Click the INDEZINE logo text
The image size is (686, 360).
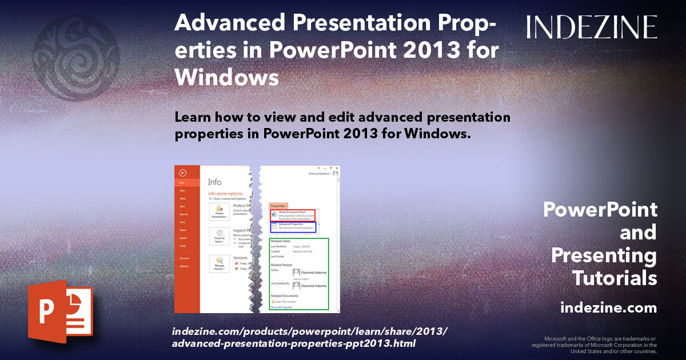pyautogui.click(x=591, y=27)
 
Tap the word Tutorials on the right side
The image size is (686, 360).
pyautogui.click(x=615, y=278)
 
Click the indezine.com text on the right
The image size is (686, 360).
pyautogui.click(x=608, y=308)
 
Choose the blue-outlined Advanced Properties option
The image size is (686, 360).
pyautogui.click(x=293, y=227)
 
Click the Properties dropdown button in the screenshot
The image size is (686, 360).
pyautogui.click(x=279, y=205)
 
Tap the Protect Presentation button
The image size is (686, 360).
pyautogui.click(x=220, y=212)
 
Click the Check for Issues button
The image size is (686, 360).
pyautogui.click(x=220, y=237)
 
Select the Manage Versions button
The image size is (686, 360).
pyautogui.click(x=220, y=263)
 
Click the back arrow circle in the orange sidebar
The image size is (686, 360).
pyautogui.click(x=182, y=173)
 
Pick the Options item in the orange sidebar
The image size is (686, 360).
pyautogui.click(x=184, y=266)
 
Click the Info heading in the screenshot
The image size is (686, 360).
pyautogui.click(x=215, y=182)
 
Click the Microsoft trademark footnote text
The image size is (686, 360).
pyautogui.click(x=594, y=345)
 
